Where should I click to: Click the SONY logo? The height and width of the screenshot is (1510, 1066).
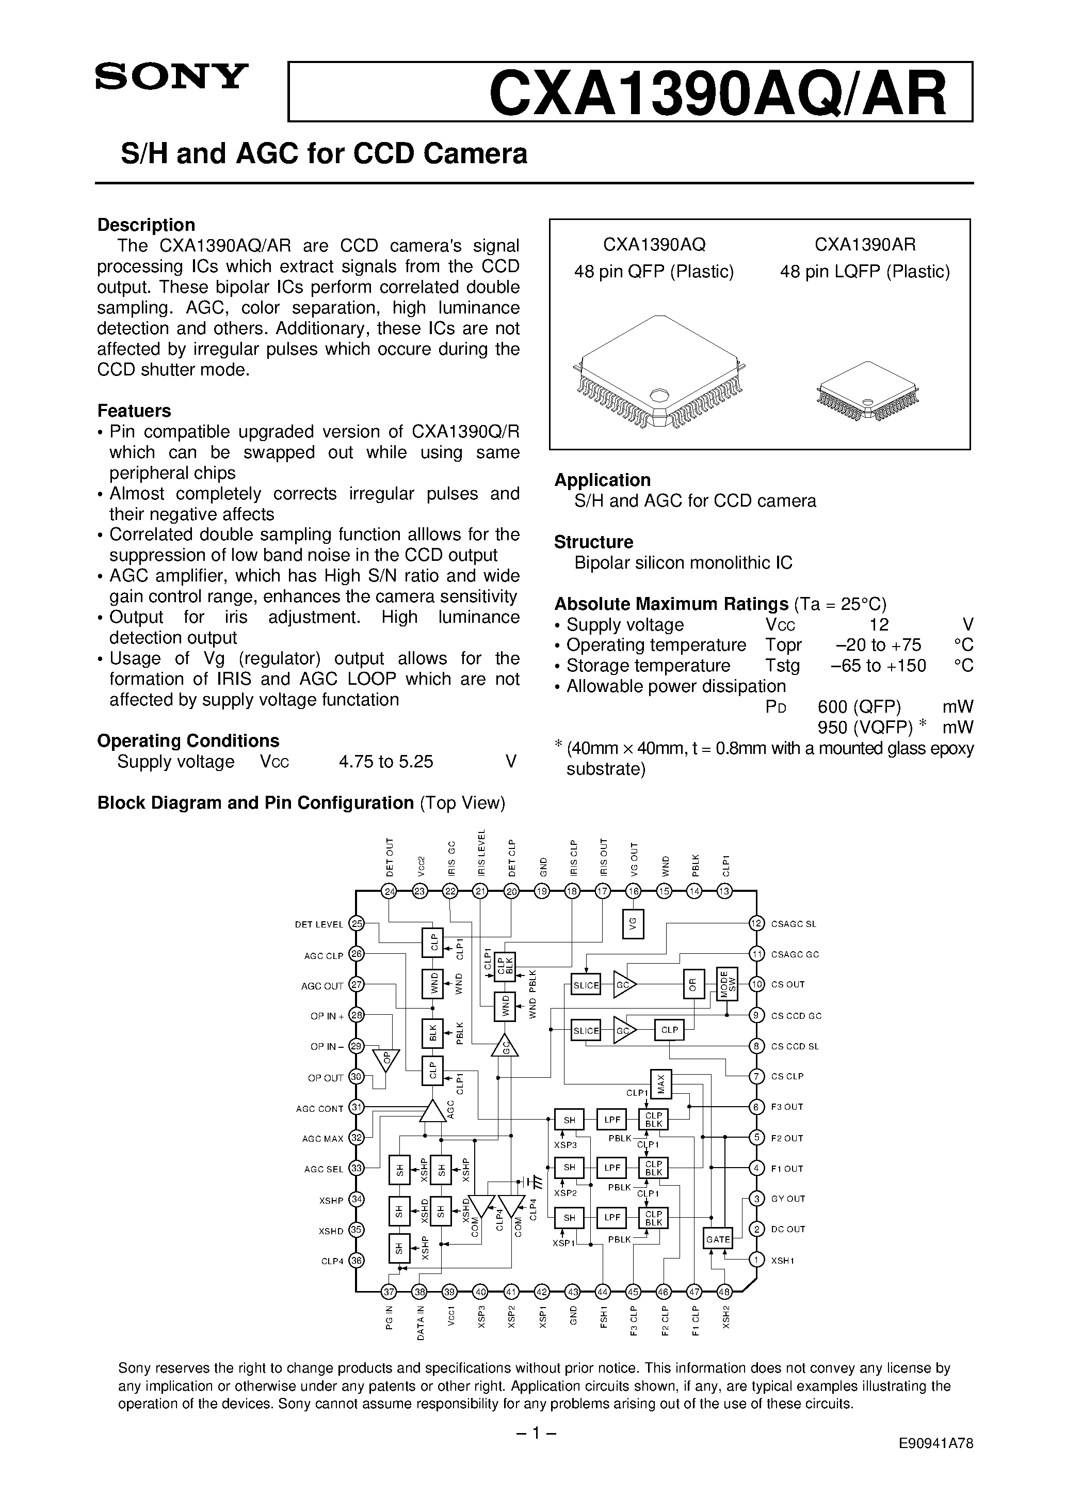click(171, 76)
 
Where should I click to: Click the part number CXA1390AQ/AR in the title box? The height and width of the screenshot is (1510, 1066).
click(718, 93)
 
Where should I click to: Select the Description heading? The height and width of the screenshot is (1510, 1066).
click(146, 225)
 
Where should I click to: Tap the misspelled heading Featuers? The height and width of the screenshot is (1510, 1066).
click(134, 411)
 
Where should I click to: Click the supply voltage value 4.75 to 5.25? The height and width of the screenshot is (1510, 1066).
click(386, 762)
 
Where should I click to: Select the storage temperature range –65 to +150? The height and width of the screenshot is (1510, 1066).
click(878, 666)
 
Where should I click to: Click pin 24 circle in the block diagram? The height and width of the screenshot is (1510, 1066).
click(390, 892)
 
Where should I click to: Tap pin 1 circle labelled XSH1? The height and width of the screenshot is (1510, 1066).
click(757, 1260)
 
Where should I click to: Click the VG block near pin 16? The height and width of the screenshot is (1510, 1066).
click(633, 924)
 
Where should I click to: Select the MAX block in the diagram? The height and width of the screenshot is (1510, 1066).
click(660, 1083)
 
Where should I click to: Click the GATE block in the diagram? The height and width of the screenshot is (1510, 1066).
click(718, 1239)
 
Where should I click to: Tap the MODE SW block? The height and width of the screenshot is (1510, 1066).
click(727, 984)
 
